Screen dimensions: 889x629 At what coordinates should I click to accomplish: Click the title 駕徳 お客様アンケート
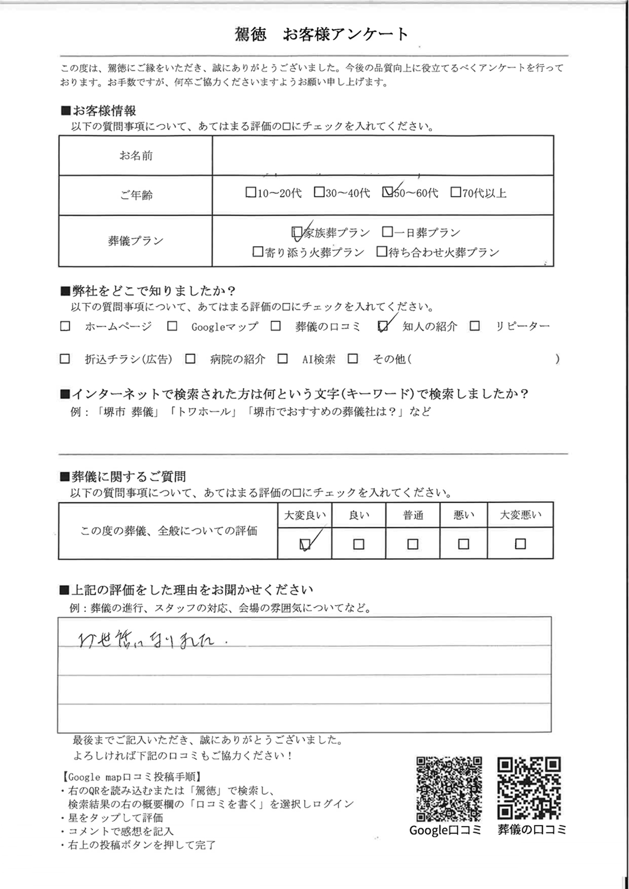(322, 34)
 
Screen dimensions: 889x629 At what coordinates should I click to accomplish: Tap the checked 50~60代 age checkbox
(387, 192)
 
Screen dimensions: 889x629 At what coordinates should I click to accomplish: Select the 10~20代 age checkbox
(251, 192)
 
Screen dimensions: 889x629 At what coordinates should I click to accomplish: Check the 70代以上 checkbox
(455, 192)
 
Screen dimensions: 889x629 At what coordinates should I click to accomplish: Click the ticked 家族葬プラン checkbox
(297, 232)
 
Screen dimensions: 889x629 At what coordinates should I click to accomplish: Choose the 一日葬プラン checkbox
(387, 232)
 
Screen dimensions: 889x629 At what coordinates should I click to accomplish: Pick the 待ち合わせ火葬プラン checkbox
(381, 252)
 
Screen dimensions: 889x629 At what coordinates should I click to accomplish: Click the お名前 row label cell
(135, 155)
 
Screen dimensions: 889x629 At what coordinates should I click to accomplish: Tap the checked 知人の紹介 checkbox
(383, 327)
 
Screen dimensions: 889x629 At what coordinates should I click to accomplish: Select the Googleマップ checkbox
(172, 327)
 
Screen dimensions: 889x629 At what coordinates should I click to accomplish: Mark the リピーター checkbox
(475, 327)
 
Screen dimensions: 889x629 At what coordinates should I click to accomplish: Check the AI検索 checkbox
(282, 359)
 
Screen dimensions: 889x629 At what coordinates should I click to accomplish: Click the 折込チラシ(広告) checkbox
(65, 359)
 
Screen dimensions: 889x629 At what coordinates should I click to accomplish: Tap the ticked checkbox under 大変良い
(305, 544)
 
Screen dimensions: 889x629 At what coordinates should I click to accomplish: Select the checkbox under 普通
(413, 544)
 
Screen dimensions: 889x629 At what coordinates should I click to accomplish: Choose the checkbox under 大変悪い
(520, 544)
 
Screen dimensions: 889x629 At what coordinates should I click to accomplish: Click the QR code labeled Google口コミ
(449, 789)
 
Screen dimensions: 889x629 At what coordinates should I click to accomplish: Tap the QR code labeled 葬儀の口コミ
(528, 789)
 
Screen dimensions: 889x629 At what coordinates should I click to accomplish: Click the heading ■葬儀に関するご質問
(123, 477)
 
